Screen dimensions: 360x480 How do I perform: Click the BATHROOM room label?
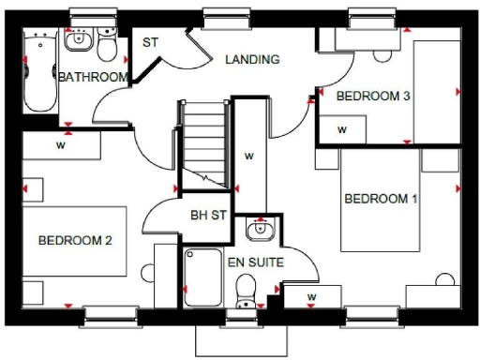coord(92,77)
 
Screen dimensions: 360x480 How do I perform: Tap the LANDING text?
coord(252,59)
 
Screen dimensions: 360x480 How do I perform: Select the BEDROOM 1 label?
coord(381,199)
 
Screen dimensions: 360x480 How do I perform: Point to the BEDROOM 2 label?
coord(75,241)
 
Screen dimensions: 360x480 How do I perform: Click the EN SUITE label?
coord(255,263)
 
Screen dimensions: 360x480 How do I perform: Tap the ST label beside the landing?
coord(150,43)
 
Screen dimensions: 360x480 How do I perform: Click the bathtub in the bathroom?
coord(39,71)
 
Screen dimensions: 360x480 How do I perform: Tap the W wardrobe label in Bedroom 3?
coord(342,129)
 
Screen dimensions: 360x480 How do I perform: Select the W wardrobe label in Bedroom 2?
coord(60,145)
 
